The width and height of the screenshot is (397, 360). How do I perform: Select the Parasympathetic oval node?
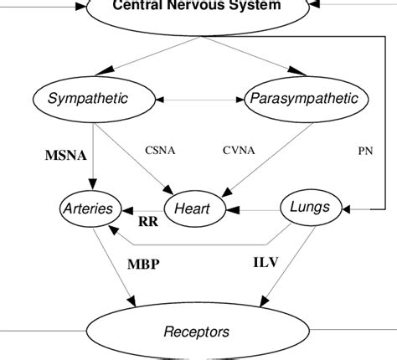pos(303,100)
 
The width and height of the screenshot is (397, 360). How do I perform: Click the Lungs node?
pos(309,206)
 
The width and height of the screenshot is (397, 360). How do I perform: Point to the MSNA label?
pos(65,156)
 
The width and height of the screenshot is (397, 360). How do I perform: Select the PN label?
pos(365,151)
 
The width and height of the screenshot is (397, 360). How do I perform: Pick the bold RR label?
pos(148,222)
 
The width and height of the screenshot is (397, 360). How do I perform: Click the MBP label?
pos(143,264)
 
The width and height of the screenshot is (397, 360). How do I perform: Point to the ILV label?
pos(266,262)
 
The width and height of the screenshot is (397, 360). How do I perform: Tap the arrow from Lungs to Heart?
pos(254,209)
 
